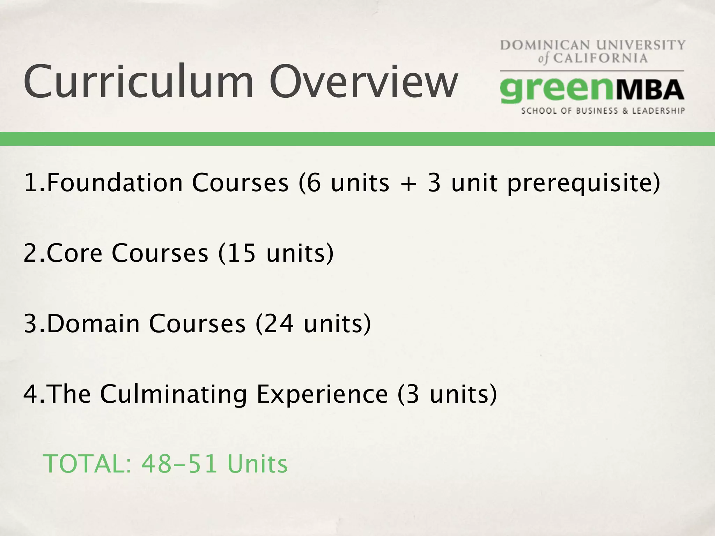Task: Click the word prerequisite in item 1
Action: click(x=583, y=184)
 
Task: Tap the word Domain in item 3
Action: click(x=93, y=323)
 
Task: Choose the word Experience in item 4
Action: click(x=322, y=395)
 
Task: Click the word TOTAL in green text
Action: click(x=87, y=464)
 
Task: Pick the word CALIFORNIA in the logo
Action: click(x=600, y=58)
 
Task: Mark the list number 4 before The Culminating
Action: click(x=31, y=394)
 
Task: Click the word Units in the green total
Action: click(x=257, y=464)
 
